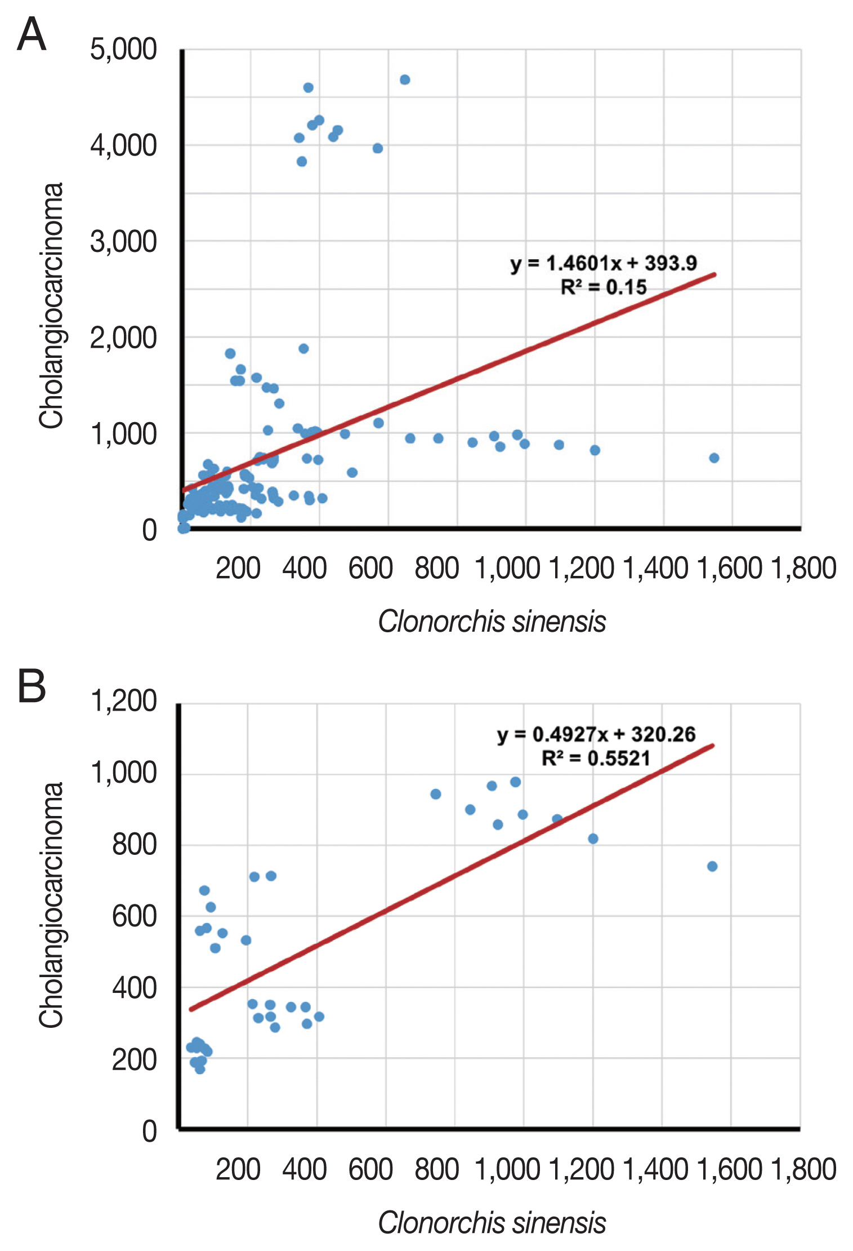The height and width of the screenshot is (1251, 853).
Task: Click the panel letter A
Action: click(32, 35)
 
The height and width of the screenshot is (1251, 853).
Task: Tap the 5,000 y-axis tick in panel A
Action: click(123, 50)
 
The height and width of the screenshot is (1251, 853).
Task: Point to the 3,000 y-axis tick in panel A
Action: click(123, 242)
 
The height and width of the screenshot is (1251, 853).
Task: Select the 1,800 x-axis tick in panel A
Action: click(803, 568)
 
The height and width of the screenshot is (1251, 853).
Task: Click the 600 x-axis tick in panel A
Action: click(370, 568)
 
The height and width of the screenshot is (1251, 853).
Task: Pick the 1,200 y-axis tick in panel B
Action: click(123, 702)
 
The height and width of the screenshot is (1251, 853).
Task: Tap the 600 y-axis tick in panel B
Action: click(134, 917)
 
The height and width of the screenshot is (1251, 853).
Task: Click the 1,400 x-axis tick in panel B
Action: click(655, 1169)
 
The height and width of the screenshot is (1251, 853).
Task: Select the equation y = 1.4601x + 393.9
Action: click(604, 263)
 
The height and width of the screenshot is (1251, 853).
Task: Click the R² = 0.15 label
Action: click(604, 287)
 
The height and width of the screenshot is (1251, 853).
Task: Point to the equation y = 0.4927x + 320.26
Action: click(596, 734)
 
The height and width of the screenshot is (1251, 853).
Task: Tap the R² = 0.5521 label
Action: click(596, 758)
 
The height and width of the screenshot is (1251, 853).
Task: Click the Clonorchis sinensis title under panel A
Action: click(492, 622)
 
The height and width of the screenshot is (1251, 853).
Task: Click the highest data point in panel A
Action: click(405, 80)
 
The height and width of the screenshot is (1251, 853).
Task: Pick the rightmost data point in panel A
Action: click(714, 458)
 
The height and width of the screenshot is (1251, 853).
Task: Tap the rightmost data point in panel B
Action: click(712, 866)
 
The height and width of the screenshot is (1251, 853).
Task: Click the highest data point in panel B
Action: click(515, 782)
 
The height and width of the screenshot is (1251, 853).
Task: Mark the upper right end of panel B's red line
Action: click(713, 746)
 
